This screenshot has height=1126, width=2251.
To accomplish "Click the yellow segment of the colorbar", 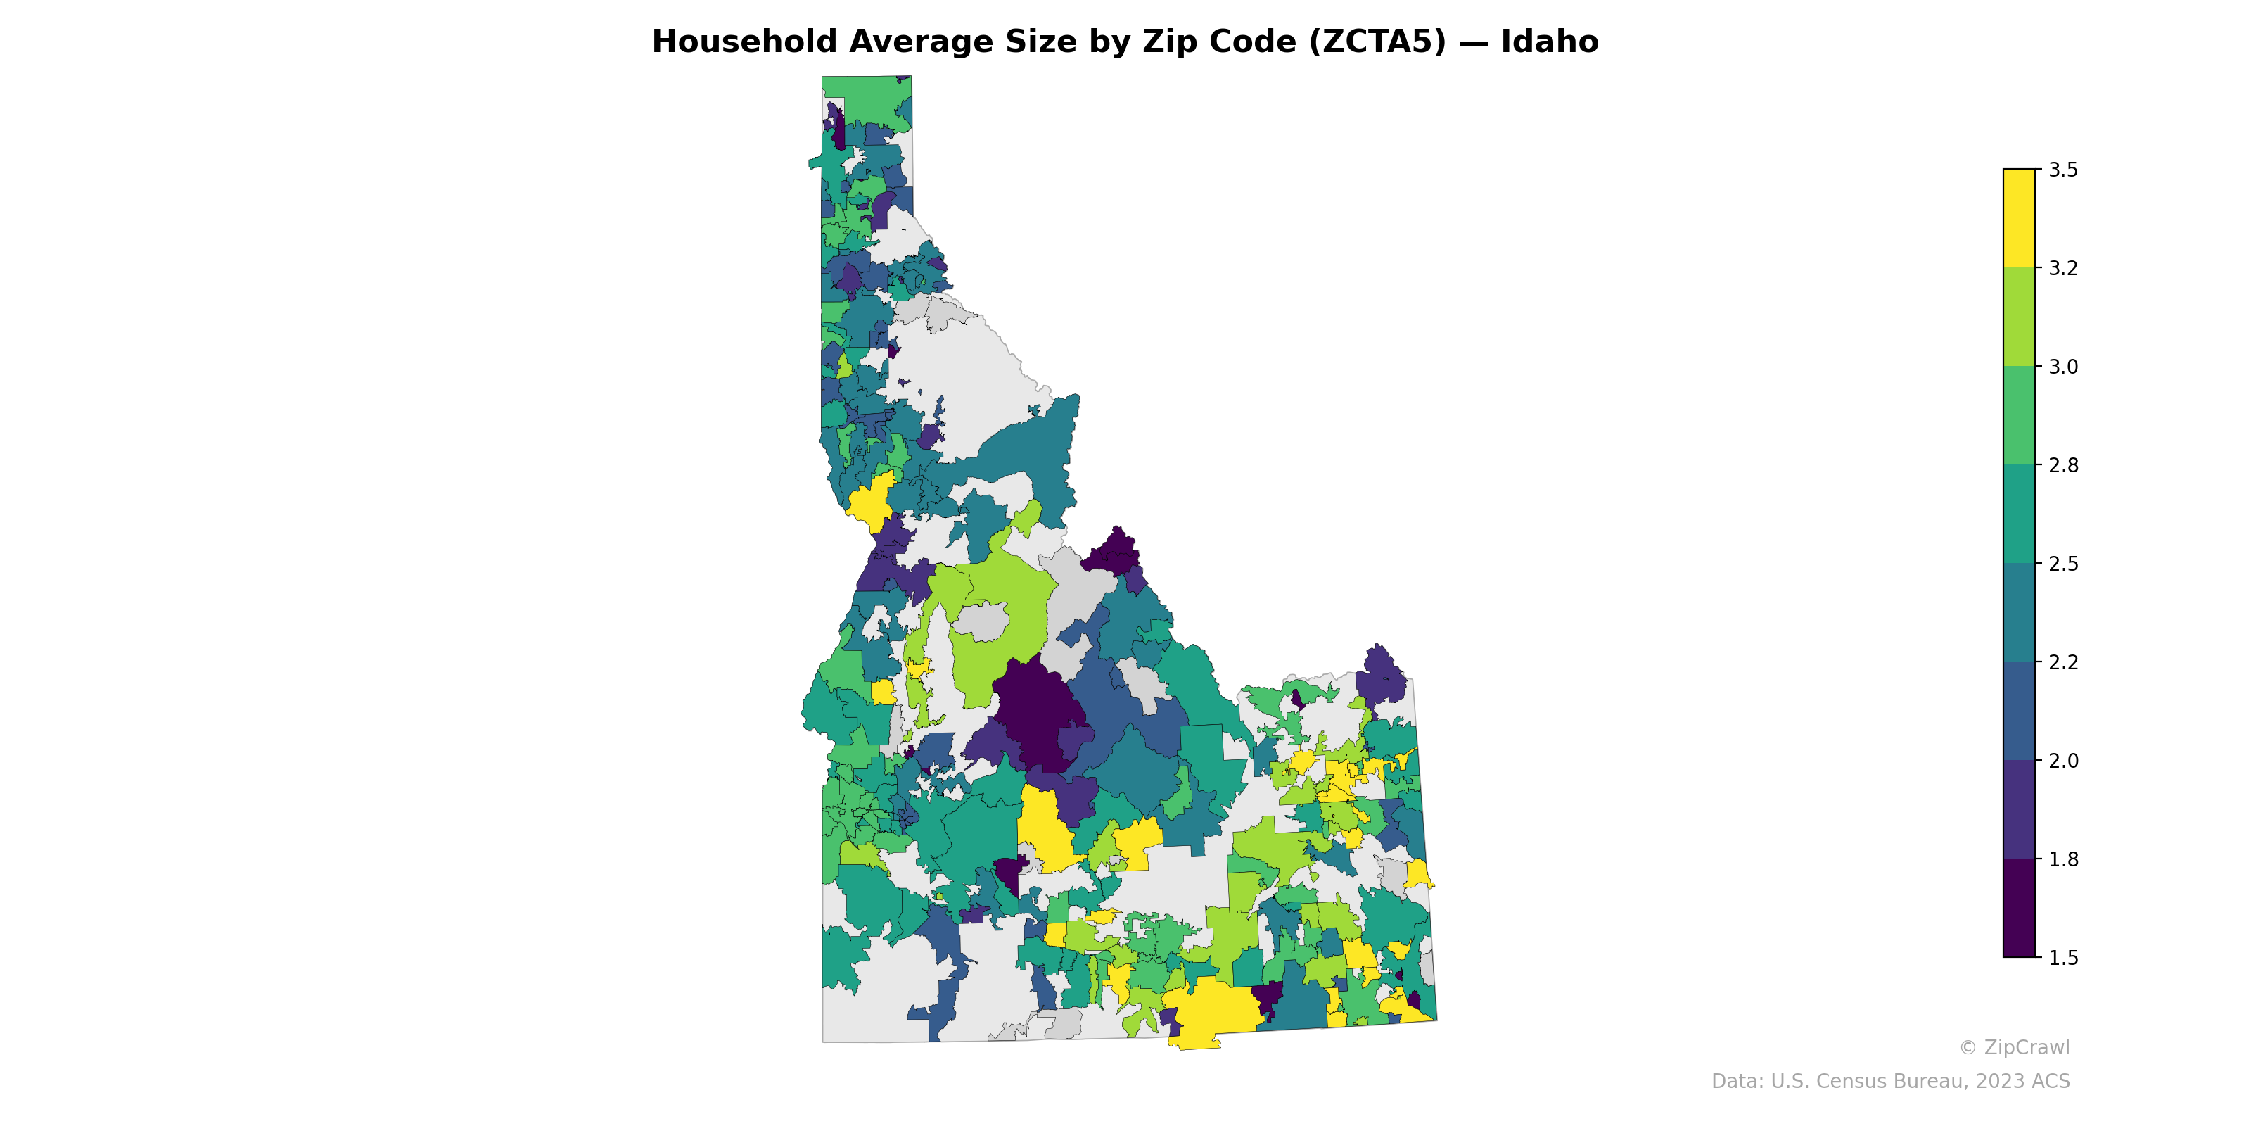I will (x=2019, y=219).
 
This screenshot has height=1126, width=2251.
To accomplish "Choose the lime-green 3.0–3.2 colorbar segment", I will (x=2019, y=317).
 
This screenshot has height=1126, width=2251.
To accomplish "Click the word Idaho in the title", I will (x=1549, y=42).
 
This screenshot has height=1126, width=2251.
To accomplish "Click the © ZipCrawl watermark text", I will (x=2013, y=1047).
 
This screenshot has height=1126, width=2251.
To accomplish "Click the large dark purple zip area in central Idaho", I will (x=1035, y=708).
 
